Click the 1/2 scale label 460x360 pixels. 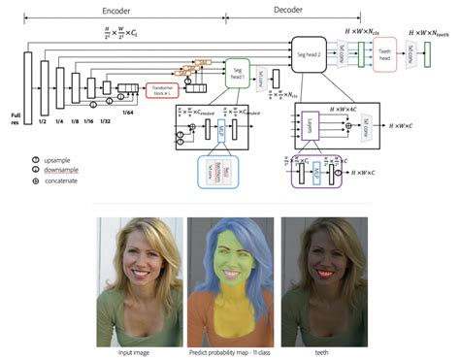44,120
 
